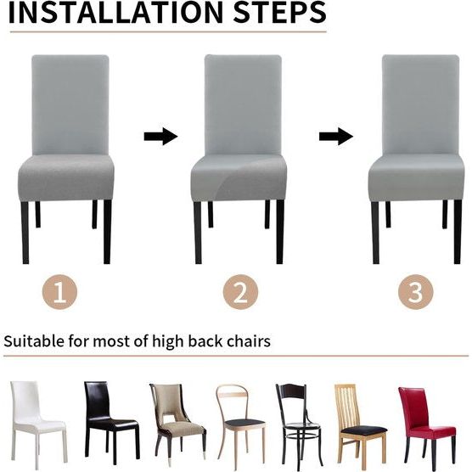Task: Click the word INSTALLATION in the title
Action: click(x=115, y=13)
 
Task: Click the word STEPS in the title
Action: click(x=279, y=13)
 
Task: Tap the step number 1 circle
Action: click(x=59, y=292)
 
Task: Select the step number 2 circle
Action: click(x=240, y=292)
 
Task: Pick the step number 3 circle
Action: click(x=416, y=292)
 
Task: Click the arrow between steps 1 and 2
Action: click(x=160, y=137)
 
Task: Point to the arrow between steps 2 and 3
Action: click(x=336, y=137)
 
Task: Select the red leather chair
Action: click(x=426, y=425)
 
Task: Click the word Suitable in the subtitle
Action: click(x=34, y=341)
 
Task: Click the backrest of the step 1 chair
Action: click(x=70, y=104)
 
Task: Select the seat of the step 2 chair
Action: click(x=239, y=177)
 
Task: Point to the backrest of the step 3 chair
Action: click(x=420, y=104)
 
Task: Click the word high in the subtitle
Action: click(x=168, y=342)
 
